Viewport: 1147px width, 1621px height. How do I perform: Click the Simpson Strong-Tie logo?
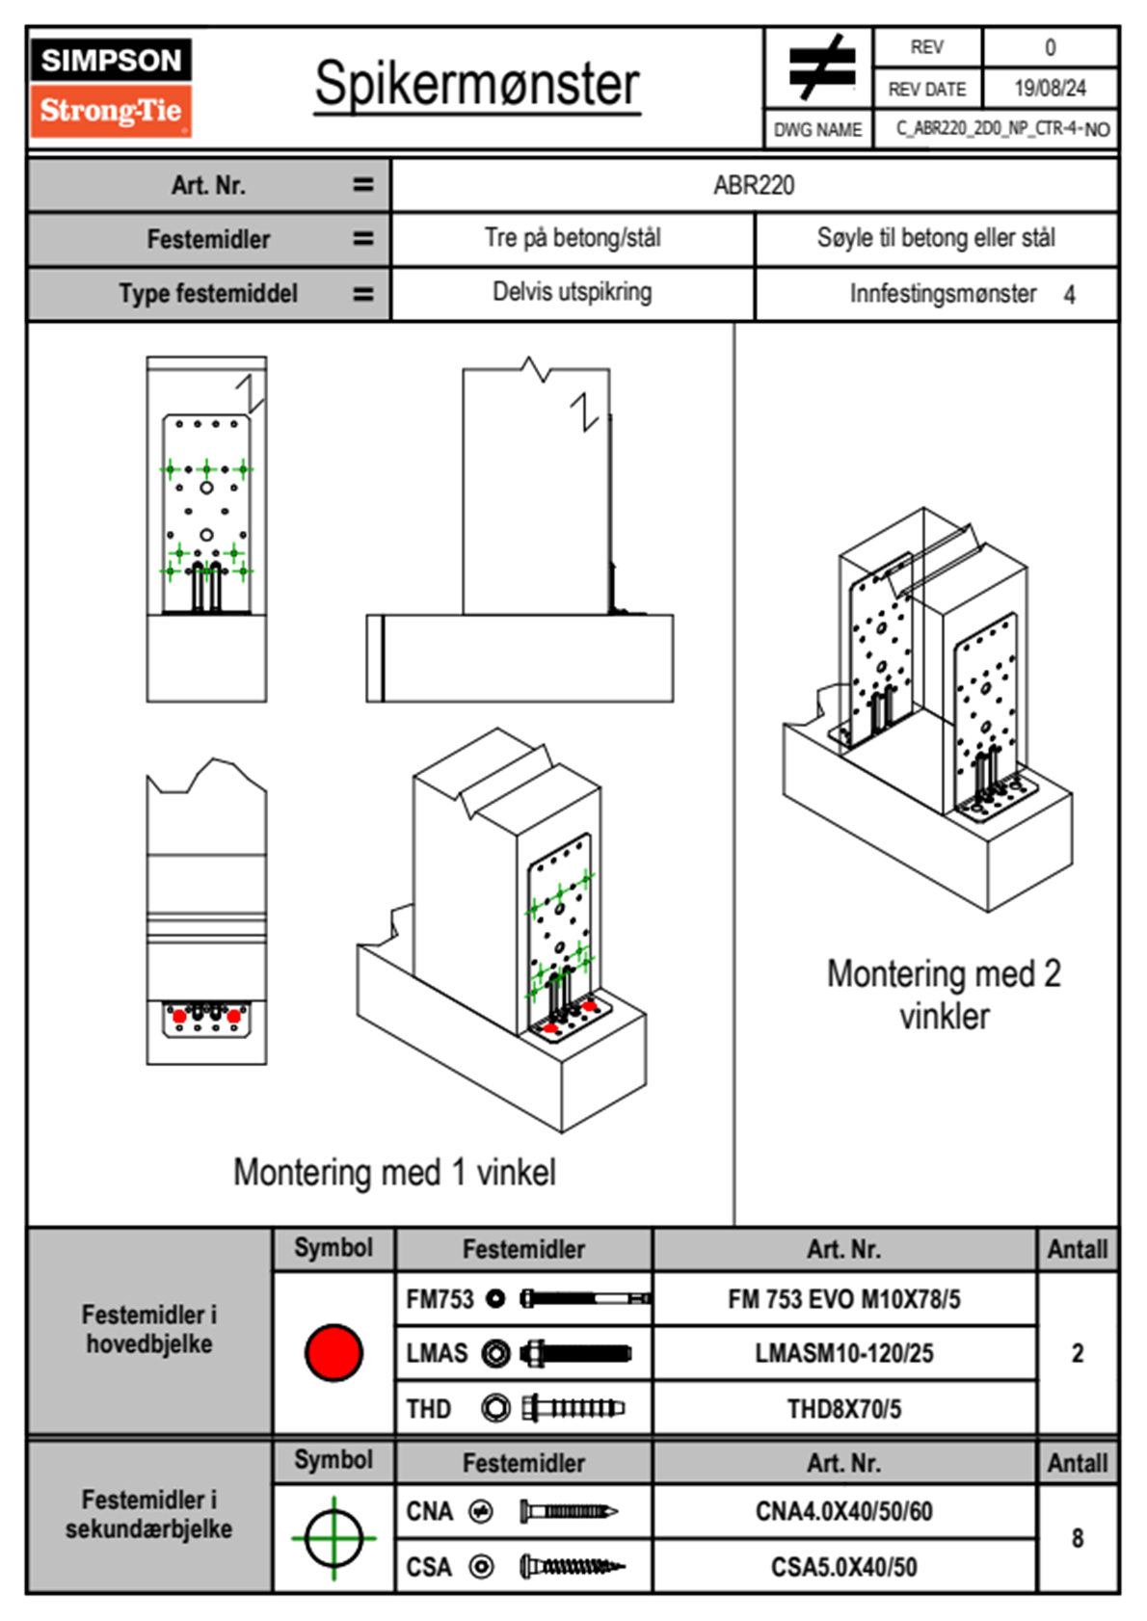click(111, 87)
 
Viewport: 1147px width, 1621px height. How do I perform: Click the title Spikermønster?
click(477, 85)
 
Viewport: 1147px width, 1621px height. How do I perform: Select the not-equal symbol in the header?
click(820, 67)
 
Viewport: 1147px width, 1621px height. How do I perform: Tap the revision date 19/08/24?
click(1050, 89)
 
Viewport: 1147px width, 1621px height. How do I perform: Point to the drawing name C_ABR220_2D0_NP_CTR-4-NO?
click(1002, 129)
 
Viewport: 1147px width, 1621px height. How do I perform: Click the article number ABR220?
click(754, 186)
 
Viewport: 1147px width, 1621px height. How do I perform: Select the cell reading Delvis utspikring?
click(572, 292)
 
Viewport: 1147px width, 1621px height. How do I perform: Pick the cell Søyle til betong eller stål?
click(935, 238)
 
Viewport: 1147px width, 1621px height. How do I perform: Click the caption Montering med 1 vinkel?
click(394, 1173)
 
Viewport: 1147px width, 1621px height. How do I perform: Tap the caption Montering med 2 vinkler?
click(944, 995)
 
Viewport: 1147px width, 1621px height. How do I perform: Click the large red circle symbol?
click(333, 1352)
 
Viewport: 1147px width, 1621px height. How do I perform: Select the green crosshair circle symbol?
click(333, 1538)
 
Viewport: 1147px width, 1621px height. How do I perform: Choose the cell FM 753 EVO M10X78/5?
click(843, 1300)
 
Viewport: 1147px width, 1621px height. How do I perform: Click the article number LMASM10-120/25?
click(843, 1354)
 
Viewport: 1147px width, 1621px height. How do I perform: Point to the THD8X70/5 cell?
click(843, 1409)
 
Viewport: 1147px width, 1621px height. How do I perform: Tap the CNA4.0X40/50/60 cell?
click(843, 1511)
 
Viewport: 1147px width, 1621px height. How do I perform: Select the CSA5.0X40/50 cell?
click(843, 1567)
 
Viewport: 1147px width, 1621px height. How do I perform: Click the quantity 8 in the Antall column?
click(1078, 1538)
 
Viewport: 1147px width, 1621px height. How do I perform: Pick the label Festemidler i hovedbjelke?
click(149, 1329)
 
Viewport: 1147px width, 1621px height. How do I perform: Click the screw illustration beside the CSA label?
click(572, 1567)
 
